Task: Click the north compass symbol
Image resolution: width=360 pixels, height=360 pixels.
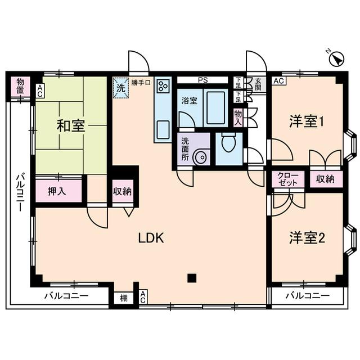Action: tap(336, 58)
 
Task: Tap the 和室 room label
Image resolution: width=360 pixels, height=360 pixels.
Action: tap(70, 125)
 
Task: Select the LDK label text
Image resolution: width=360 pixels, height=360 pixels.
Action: tap(151, 238)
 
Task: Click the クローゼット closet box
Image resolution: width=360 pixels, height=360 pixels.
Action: tap(288, 179)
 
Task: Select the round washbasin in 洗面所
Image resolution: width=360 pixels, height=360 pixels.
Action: tap(200, 158)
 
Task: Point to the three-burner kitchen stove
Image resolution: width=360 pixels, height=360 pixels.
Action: tap(163, 85)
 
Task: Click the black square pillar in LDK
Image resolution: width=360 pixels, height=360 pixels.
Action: tap(192, 277)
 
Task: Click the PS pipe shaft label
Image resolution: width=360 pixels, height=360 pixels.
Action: tap(203, 80)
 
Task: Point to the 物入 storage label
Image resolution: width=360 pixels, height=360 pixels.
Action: tap(238, 117)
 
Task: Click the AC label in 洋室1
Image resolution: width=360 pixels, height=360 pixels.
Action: tap(278, 81)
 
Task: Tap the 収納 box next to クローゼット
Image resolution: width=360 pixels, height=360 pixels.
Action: tap(325, 179)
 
